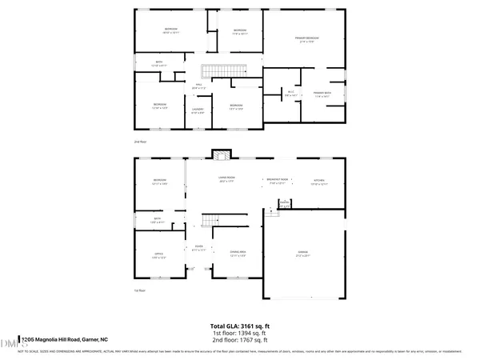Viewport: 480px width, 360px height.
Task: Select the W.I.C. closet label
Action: coord(290,94)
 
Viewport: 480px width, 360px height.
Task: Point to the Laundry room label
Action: coord(198,110)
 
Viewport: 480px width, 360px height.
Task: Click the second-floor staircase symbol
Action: coord(214,71)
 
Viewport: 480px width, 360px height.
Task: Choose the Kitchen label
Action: coord(319,182)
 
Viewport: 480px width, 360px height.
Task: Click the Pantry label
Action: coord(283,203)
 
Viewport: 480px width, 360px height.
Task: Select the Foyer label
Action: coord(198,247)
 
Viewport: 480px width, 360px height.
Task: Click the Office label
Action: coord(158,255)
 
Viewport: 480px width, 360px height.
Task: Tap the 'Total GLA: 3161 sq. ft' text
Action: coord(239,327)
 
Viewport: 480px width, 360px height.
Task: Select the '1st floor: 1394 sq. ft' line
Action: coord(239,334)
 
